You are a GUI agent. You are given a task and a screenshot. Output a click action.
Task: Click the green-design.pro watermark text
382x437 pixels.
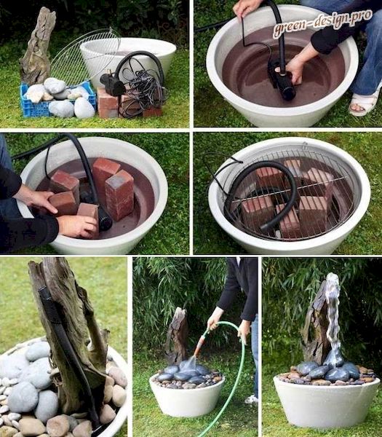(x=322, y=23)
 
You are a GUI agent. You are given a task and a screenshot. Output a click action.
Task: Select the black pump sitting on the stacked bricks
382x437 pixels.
(x=112, y=84)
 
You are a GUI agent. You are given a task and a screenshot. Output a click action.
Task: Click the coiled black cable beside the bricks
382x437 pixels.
(x=142, y=89)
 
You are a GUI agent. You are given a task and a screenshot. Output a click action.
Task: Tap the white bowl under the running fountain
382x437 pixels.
(x=326, y=401)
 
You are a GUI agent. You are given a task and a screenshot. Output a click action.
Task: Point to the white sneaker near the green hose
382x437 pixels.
(x=252, y=400)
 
